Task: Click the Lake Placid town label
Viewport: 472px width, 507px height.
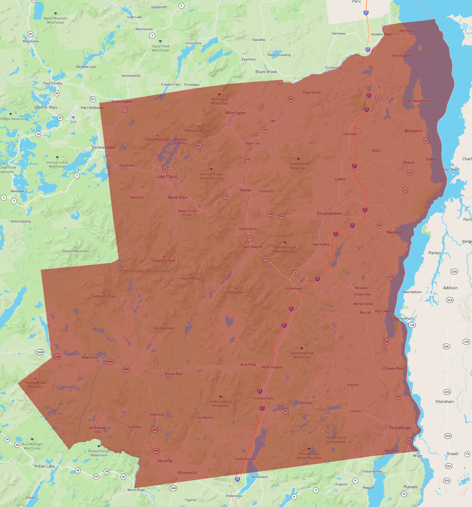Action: point(167,176)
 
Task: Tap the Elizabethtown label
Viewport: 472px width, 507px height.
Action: point(329,213)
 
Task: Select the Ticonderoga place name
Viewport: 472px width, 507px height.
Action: point(400,427)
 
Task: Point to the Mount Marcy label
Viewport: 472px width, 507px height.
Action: point(190,278)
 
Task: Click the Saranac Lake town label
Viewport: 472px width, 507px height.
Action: point(103,147)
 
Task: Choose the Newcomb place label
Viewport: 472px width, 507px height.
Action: point(89,357)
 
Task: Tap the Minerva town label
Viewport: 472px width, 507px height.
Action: point(165,461)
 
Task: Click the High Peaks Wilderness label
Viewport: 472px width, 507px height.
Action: point(145,271)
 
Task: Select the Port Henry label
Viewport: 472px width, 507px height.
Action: point(385,311)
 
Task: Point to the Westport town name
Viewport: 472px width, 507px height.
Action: point(395,232)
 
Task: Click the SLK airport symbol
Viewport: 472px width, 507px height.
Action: point(73,117)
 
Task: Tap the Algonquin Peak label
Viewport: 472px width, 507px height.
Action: point(164,261)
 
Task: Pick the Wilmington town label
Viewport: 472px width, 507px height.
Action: point(235,113)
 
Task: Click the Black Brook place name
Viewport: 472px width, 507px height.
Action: point(266,72)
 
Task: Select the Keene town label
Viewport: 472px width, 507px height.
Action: point(245,190)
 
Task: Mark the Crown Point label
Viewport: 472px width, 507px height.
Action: point(394,368)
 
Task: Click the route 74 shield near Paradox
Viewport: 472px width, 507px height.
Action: point(285,411)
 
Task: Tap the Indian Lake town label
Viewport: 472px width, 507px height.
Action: point(45,466)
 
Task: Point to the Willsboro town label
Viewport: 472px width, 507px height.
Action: point(413,131)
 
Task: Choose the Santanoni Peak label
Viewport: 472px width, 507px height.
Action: point(104,296)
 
